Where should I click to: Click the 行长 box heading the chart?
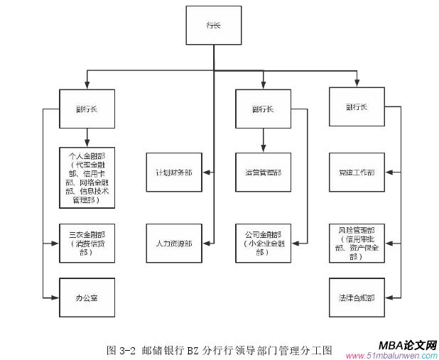213,26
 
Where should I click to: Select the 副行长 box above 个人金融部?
87,109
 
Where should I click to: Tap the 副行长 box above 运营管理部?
263,109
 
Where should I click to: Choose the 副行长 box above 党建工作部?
357,107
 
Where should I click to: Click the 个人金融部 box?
87,177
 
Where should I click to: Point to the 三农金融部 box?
87,243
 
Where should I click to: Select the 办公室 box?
87,297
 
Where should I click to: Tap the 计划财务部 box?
173,173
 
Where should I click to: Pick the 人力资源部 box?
173,244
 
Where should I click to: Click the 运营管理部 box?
263,173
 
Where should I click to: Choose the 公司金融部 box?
263,243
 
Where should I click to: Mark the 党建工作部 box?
357,173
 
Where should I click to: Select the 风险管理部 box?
357,242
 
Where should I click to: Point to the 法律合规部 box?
357,297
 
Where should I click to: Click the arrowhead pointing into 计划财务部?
206,173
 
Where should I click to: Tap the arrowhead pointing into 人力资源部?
206,244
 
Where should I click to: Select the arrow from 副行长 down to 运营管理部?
263,141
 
